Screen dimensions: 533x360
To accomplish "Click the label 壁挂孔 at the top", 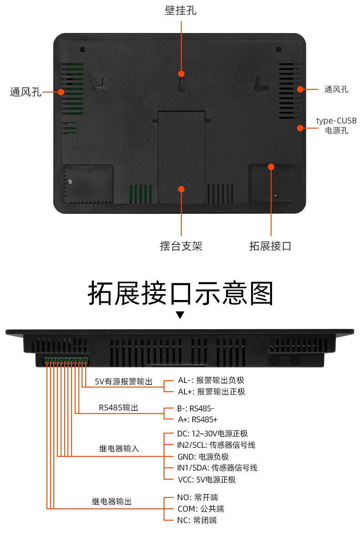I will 181,10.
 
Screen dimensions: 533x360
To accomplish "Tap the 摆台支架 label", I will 181,246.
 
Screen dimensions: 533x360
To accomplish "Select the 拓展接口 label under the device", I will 270,246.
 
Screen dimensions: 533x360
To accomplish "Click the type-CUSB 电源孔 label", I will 336,125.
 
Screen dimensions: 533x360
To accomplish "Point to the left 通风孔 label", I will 26,92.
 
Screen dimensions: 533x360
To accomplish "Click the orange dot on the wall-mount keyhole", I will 181,74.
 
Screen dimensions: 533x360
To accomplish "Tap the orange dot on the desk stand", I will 181,188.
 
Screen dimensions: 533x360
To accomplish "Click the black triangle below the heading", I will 180,315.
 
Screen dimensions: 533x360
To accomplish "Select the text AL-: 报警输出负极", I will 211,380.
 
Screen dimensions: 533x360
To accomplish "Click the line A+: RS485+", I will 197,419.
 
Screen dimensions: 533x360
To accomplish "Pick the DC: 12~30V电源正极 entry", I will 212,434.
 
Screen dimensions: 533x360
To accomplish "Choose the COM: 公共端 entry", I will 201,508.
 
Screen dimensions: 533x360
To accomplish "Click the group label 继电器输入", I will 119,449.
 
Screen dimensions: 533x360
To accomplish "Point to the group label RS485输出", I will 118,408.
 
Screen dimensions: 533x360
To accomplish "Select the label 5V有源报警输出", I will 123,382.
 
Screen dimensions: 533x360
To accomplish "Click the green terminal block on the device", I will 67,362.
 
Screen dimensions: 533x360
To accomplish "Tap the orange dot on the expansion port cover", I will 271,167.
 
